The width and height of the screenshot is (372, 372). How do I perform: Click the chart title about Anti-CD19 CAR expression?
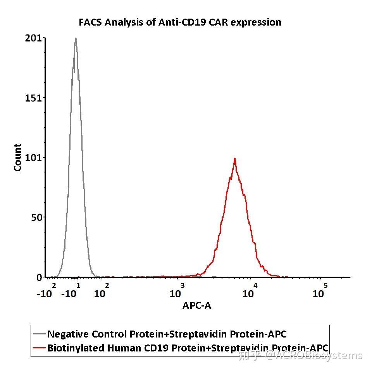point(180,22)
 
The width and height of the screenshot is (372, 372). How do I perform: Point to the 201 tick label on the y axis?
point(33,38)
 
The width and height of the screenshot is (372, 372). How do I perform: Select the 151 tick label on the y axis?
point(33,98)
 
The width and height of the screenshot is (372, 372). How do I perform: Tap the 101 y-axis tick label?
point(33,157)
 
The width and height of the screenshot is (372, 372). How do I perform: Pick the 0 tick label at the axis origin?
point(39,277)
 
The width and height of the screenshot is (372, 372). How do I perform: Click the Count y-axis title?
point(18,157)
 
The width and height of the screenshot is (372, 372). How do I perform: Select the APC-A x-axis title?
point(197,306)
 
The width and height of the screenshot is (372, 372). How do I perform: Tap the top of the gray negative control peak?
point(76,39)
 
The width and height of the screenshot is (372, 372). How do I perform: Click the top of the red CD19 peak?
point(234,159)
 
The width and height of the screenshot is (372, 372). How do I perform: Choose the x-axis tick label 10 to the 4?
point(250,291)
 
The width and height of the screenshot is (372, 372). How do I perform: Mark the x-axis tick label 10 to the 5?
point(320,291)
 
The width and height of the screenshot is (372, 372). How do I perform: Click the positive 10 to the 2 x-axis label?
point(102,291)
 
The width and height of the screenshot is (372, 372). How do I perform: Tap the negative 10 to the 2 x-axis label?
point(46,291)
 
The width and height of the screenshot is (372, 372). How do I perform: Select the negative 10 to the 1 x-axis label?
point(71,291)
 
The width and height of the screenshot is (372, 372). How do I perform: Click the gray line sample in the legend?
point(39,334)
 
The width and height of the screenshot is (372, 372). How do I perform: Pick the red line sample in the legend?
point(39,348)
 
